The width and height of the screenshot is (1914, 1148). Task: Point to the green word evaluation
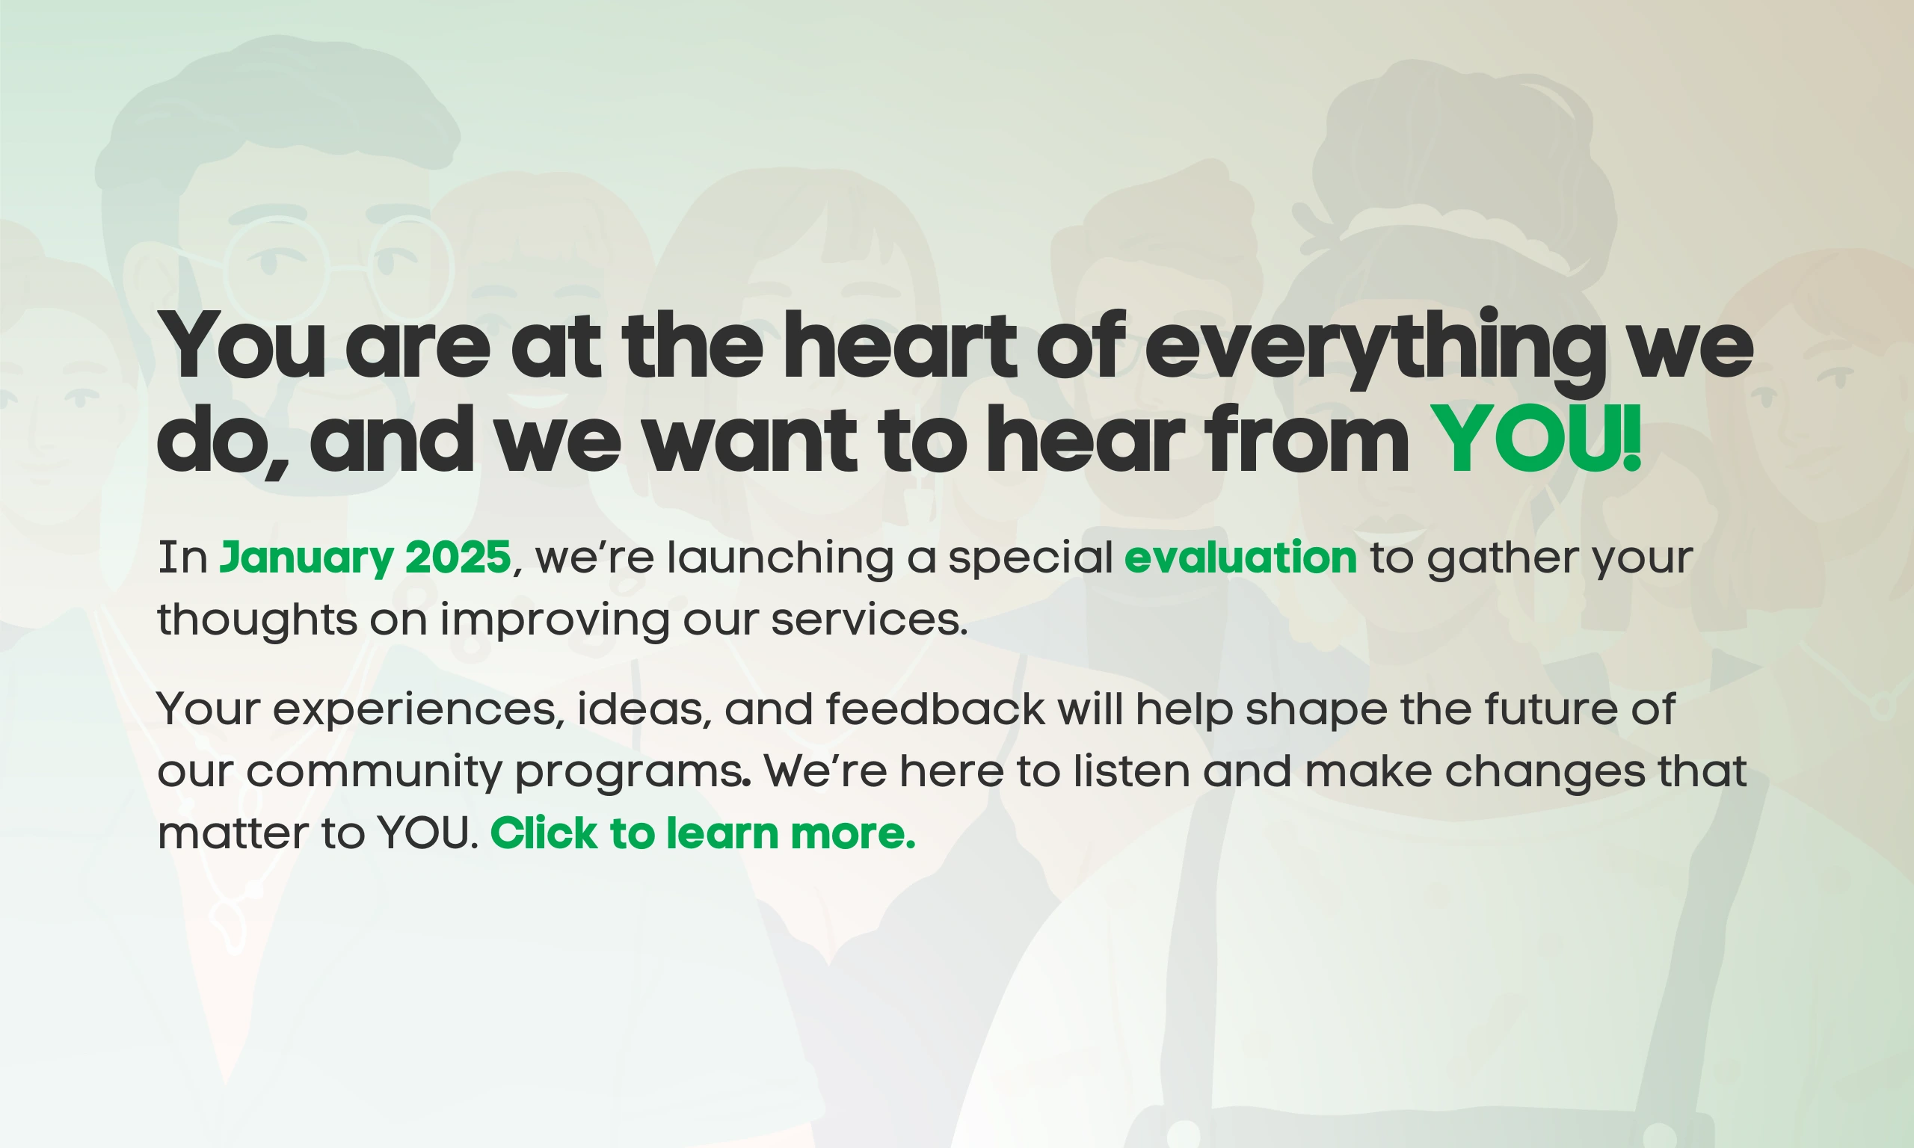1241,558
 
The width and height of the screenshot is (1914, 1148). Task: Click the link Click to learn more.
703,833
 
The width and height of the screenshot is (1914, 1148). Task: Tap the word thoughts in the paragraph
258,622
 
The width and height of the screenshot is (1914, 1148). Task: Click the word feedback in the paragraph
935,709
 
